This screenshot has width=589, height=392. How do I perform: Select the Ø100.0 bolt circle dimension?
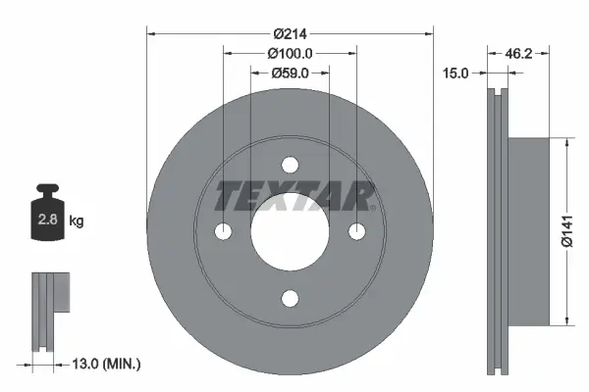(289, 54)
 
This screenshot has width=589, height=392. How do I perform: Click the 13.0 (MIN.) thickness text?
(108, 365)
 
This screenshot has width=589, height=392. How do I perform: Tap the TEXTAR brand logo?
(294, 197)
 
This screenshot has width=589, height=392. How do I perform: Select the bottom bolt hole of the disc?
(290, 298)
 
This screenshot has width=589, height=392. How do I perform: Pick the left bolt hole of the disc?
(223, 231)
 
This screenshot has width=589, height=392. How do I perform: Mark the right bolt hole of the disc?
(356, 231)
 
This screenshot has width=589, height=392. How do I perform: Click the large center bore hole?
(290, 231)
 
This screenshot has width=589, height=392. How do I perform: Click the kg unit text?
(78, 221)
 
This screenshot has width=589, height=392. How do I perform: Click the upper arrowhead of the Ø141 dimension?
(566, 143)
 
